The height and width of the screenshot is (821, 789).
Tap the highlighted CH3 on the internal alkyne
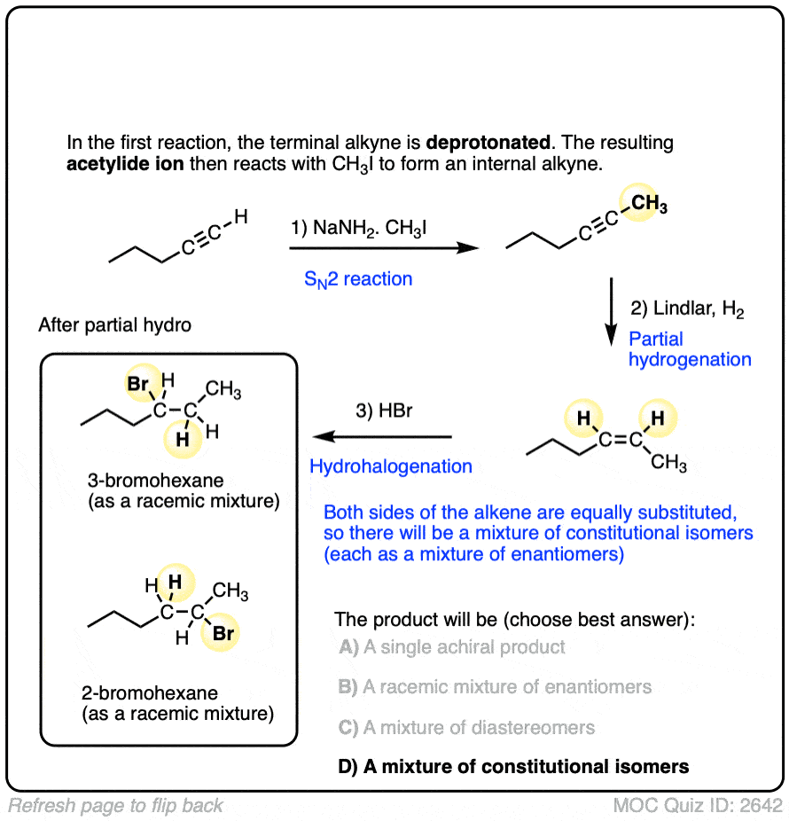click(650, 206)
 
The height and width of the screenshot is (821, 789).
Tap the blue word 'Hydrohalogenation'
click(390, 465)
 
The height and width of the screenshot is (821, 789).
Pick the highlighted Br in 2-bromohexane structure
click(223, 634)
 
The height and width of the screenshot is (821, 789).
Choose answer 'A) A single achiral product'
click(452, 647)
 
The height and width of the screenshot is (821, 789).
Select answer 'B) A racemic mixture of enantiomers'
click(495, 687)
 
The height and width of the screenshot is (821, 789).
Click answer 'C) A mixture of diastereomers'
click(466, 727)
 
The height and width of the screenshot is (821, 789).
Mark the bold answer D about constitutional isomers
click(513, 767)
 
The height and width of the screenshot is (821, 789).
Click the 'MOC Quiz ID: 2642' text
click(698, 806)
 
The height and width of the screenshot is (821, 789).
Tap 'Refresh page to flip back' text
click(116, 806)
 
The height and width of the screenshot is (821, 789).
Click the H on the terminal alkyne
click(240, 215)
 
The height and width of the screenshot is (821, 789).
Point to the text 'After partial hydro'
click(114, 325)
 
